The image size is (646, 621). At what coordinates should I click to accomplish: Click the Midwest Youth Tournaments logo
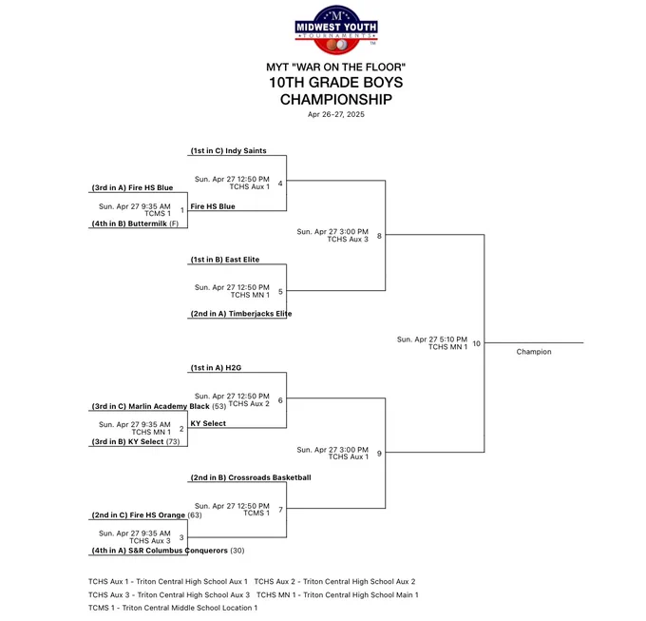coord(336,29)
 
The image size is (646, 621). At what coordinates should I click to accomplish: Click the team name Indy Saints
coord(246,151)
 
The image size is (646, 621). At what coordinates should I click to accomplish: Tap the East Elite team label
coord(242,260)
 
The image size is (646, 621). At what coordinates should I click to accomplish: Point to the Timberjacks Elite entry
coord(260,314)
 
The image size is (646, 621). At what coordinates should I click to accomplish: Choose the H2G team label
coord(233,368)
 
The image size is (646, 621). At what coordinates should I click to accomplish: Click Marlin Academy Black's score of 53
coord(219,406)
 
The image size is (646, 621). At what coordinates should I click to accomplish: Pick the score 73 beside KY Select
coord(173,441)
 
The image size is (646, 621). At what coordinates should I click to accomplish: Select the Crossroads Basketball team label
coord(270,477)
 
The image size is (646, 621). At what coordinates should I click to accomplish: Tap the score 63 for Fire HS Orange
coord(195,515)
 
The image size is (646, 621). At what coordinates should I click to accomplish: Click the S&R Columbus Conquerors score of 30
coord(237,551)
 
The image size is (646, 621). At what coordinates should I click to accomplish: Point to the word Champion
coord(534,352)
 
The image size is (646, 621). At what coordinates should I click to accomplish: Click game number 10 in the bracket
coord(476,343)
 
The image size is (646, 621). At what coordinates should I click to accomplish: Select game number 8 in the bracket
coord(379,236)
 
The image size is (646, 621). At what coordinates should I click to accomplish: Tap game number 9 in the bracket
coord(379,454)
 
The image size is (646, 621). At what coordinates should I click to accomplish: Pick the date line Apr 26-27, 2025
coord(336,114)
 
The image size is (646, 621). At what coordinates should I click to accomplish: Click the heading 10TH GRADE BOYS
coord(336,83)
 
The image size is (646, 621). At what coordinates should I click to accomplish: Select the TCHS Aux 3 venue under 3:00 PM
coord(348,239)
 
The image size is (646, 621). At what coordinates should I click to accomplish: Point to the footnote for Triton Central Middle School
coord(173,608)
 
